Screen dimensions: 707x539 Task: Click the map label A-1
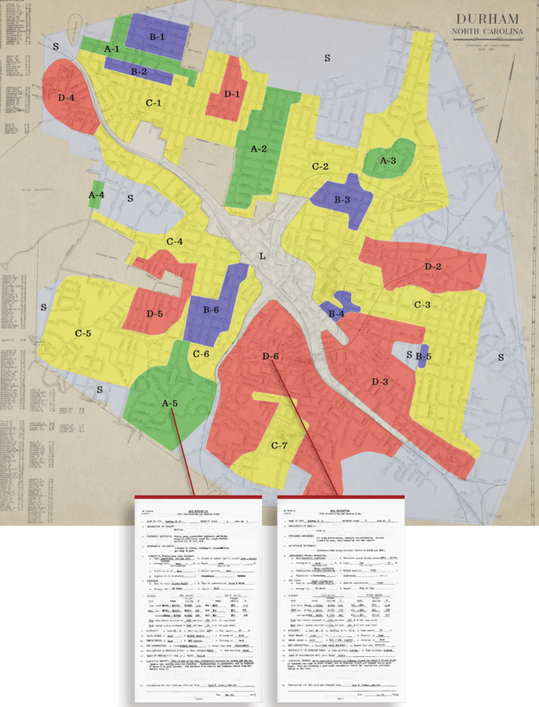pos(112,48)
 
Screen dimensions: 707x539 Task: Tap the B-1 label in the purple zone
pos(157,36)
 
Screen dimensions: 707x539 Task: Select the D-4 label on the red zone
pos(65,98)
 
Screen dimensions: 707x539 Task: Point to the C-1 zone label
pos(153,102)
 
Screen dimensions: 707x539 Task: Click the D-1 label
pos(233,93)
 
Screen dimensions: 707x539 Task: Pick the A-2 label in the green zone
pos(258,148)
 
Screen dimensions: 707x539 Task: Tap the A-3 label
pos(388,160)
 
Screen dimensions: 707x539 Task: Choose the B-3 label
pos(342,199)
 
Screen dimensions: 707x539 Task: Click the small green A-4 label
pos(96,195)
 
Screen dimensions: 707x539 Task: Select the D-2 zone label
pos(433,266)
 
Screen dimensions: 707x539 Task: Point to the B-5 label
pos(423,356)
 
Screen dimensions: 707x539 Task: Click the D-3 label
pos(380,382)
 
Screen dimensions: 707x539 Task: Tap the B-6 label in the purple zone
pos(211,309)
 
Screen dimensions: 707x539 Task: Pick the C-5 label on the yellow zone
pos(82,333)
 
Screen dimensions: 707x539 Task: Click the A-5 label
pos(170,402)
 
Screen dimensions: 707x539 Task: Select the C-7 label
pos(280,445)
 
